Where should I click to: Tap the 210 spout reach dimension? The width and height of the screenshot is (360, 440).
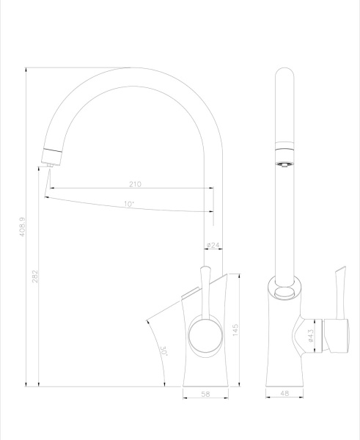coord(134,184)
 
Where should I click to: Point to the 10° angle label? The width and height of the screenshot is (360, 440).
coord(128,204)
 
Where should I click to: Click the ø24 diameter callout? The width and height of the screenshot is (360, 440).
coord(213,245)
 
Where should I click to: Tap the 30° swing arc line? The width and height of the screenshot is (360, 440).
coord(152,345)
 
